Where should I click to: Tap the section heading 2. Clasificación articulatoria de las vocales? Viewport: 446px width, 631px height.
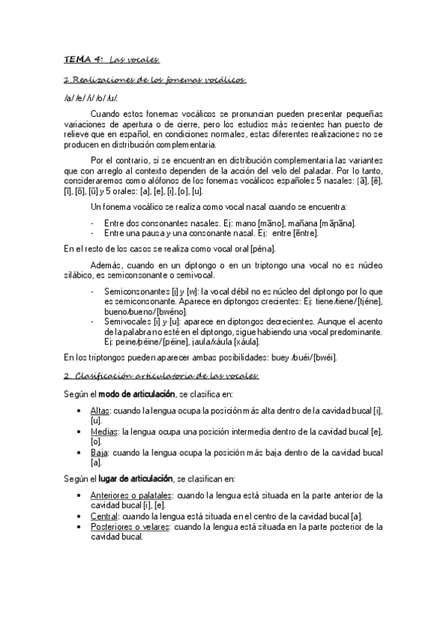tap(161, 377)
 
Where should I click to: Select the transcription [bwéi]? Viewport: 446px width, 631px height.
tap(321, 357)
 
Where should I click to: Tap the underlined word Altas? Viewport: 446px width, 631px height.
tap(99, 410)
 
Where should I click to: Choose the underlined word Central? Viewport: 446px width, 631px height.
tap(104, 515)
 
